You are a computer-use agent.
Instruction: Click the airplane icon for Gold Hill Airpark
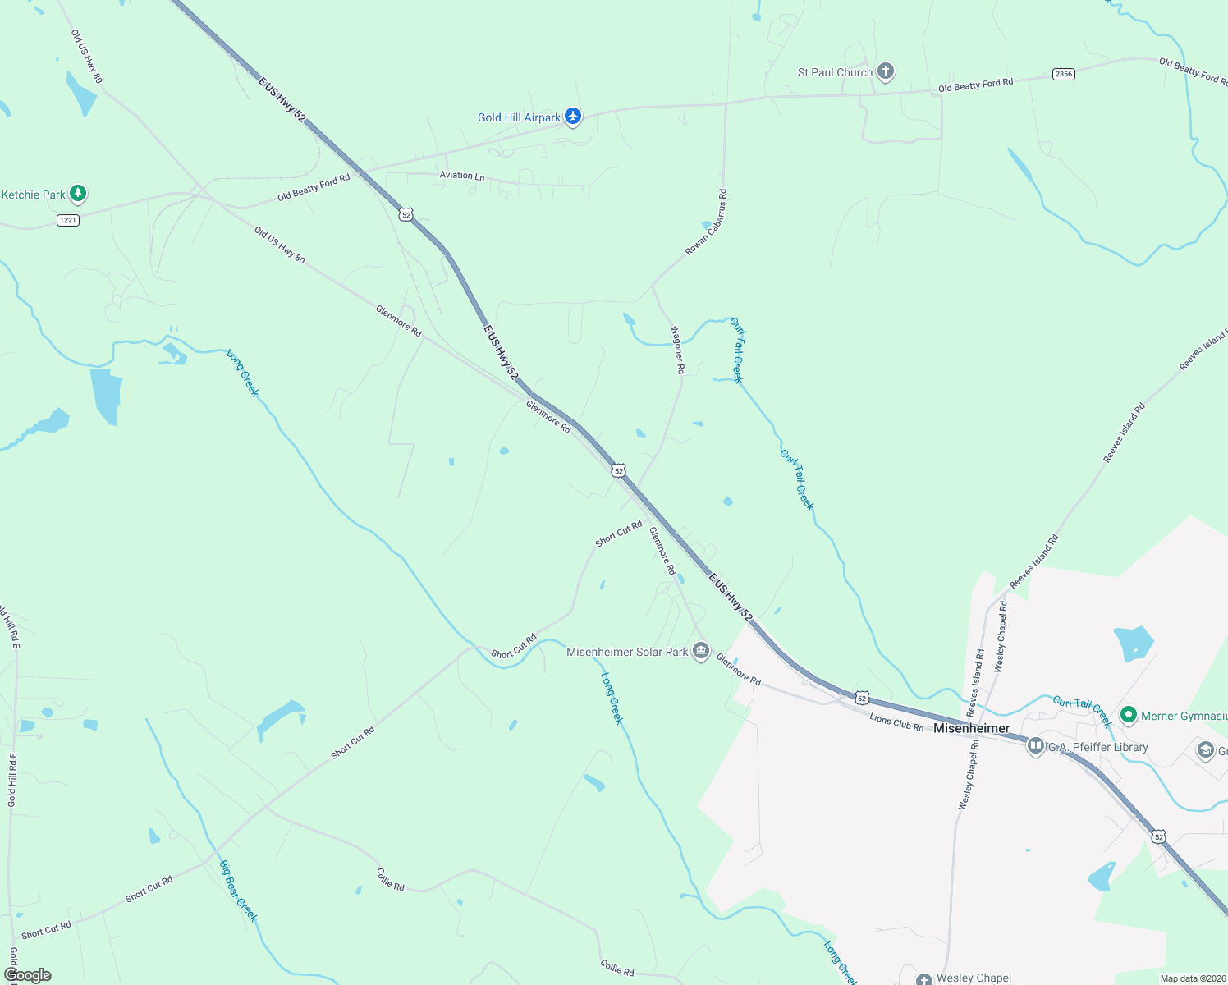(573, 117)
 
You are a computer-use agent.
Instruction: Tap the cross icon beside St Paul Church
(885, 71)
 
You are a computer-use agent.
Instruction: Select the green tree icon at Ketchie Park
(78, 194)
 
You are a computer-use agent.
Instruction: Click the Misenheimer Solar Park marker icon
(700, 651)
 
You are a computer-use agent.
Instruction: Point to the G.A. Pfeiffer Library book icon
(1035, 746)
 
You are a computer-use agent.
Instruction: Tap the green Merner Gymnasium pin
(1128, 715)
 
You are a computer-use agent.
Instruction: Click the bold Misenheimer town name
(971, 728)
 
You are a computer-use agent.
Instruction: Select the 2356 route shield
(1063, 74)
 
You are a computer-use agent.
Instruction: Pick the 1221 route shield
(68, 220)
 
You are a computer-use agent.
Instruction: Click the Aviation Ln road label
(462, 176)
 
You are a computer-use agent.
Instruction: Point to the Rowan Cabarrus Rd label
(707, 222)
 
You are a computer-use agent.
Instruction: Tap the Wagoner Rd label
(678, 350)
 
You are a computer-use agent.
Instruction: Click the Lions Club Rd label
(896, 723)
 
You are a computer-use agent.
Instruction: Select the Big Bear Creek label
(238, 891)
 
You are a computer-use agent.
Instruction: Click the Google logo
(28, 975)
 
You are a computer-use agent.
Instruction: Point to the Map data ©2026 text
(1191, 978)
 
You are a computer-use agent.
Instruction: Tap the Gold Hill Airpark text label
(519, 117)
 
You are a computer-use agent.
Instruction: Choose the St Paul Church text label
(835, 72)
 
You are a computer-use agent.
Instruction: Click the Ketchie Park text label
(33, 195)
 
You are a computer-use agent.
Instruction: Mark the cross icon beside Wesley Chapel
(923, 978)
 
